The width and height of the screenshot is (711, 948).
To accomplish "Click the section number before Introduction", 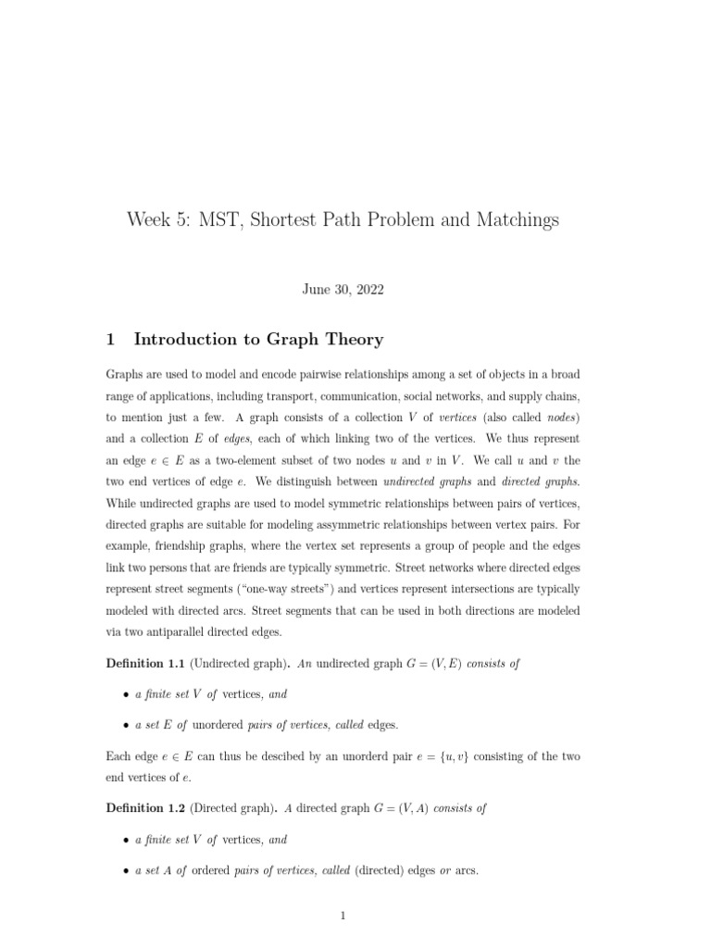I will coord(110,340).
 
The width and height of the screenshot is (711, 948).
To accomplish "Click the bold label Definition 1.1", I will coord(146,663).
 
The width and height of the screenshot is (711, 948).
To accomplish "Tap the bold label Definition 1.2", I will coord(146,807).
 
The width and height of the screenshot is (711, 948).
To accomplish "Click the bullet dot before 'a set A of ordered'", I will coord(126,872).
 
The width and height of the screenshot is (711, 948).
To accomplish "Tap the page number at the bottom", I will coord(343,917).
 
